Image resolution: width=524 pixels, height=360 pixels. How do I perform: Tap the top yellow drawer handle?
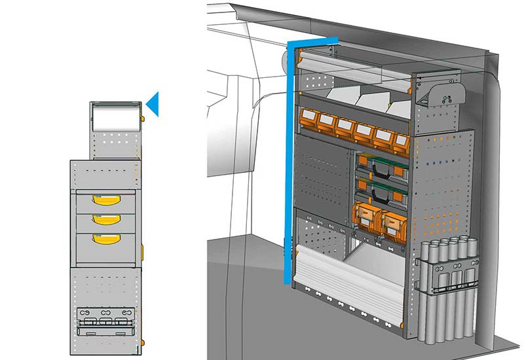(102, 200)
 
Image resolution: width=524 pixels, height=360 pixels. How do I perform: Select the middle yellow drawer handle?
(102, 219)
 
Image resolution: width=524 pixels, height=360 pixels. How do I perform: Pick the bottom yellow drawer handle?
(102, 239)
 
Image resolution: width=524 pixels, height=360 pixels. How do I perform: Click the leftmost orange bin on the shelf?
(307, 119)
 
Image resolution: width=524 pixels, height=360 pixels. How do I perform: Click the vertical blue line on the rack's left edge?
(288, 164)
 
